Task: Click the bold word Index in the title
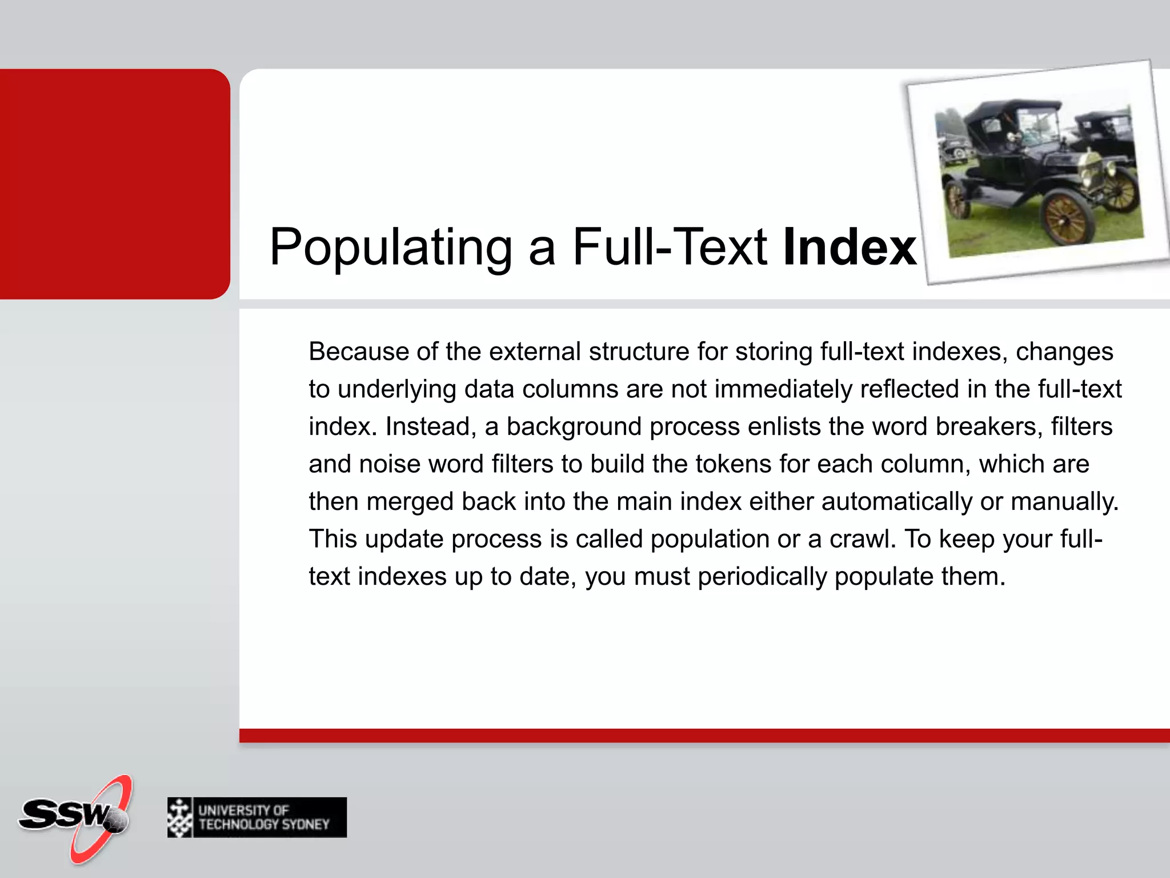coord(850,247)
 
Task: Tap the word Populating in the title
coord(391,248)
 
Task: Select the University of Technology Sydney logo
coord(257,817)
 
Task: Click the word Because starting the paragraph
coord(358,352)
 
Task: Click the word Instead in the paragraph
coord(427,427)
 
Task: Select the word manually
coord(1064,502)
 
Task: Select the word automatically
coord(896,502)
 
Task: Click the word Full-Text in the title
coord(670,247)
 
